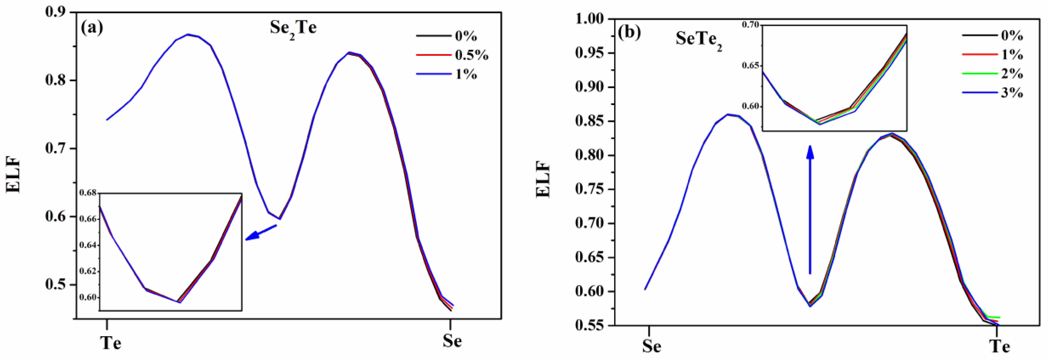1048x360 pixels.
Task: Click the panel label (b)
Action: tap(629, 32)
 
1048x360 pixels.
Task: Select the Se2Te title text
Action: tap(293, 29)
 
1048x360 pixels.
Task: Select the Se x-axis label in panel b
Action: tap(651, 346)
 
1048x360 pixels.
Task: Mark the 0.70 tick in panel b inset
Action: tap(750, 25)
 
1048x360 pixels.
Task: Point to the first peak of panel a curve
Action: tap(188, 34)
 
